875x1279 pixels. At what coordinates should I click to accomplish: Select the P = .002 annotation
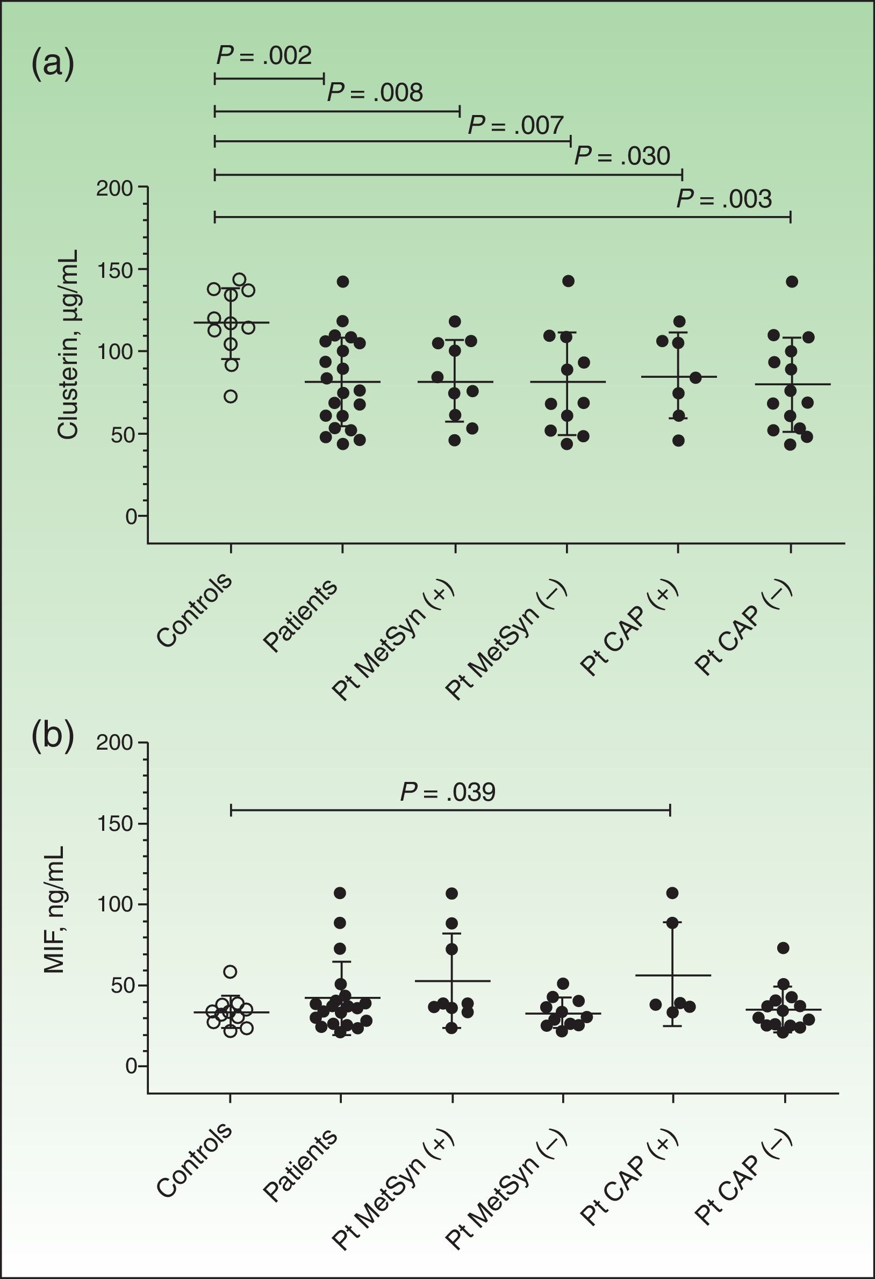[264, 55]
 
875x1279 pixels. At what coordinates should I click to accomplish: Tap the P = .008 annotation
[375, 93]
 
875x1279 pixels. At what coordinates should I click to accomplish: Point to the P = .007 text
[515, 126]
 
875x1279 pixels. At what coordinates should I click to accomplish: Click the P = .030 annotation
[622, 156]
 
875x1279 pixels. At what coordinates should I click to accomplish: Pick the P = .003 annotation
[723, 199]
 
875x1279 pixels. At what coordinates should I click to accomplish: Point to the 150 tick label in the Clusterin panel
[115, 270]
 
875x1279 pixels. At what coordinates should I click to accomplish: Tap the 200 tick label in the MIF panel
[115, 743]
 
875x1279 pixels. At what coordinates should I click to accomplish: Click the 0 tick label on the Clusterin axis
[131, 517]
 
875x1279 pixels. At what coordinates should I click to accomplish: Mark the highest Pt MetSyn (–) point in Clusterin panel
[568, 281]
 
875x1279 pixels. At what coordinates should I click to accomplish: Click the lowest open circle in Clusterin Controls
[231, 396]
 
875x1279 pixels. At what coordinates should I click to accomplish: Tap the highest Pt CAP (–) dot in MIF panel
[783, 947]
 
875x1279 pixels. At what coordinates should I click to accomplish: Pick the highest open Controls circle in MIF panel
[230, 972]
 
